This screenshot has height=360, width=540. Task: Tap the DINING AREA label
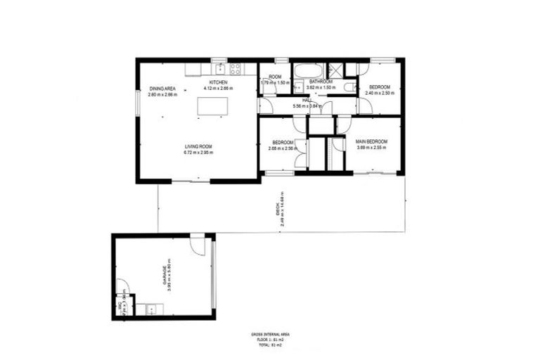point(162,88)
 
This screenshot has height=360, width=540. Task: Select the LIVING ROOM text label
point(198,146)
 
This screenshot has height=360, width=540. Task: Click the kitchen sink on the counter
point(220,69)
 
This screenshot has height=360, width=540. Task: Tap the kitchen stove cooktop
point(235,69)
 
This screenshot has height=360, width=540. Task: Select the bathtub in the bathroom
point(307,70)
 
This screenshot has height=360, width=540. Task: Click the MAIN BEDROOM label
point(371,141)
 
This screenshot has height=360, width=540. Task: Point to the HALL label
point(307,100)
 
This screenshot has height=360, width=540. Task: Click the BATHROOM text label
point(321,82)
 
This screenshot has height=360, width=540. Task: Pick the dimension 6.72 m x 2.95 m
point(198,152)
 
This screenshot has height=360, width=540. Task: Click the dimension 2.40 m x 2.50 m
point(380,93)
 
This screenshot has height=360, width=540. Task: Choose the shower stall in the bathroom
point(336,70)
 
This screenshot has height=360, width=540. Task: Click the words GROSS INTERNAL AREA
point(270,335)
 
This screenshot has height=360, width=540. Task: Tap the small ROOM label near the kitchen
point(275,77)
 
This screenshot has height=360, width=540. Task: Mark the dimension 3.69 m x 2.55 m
point(371,148)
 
